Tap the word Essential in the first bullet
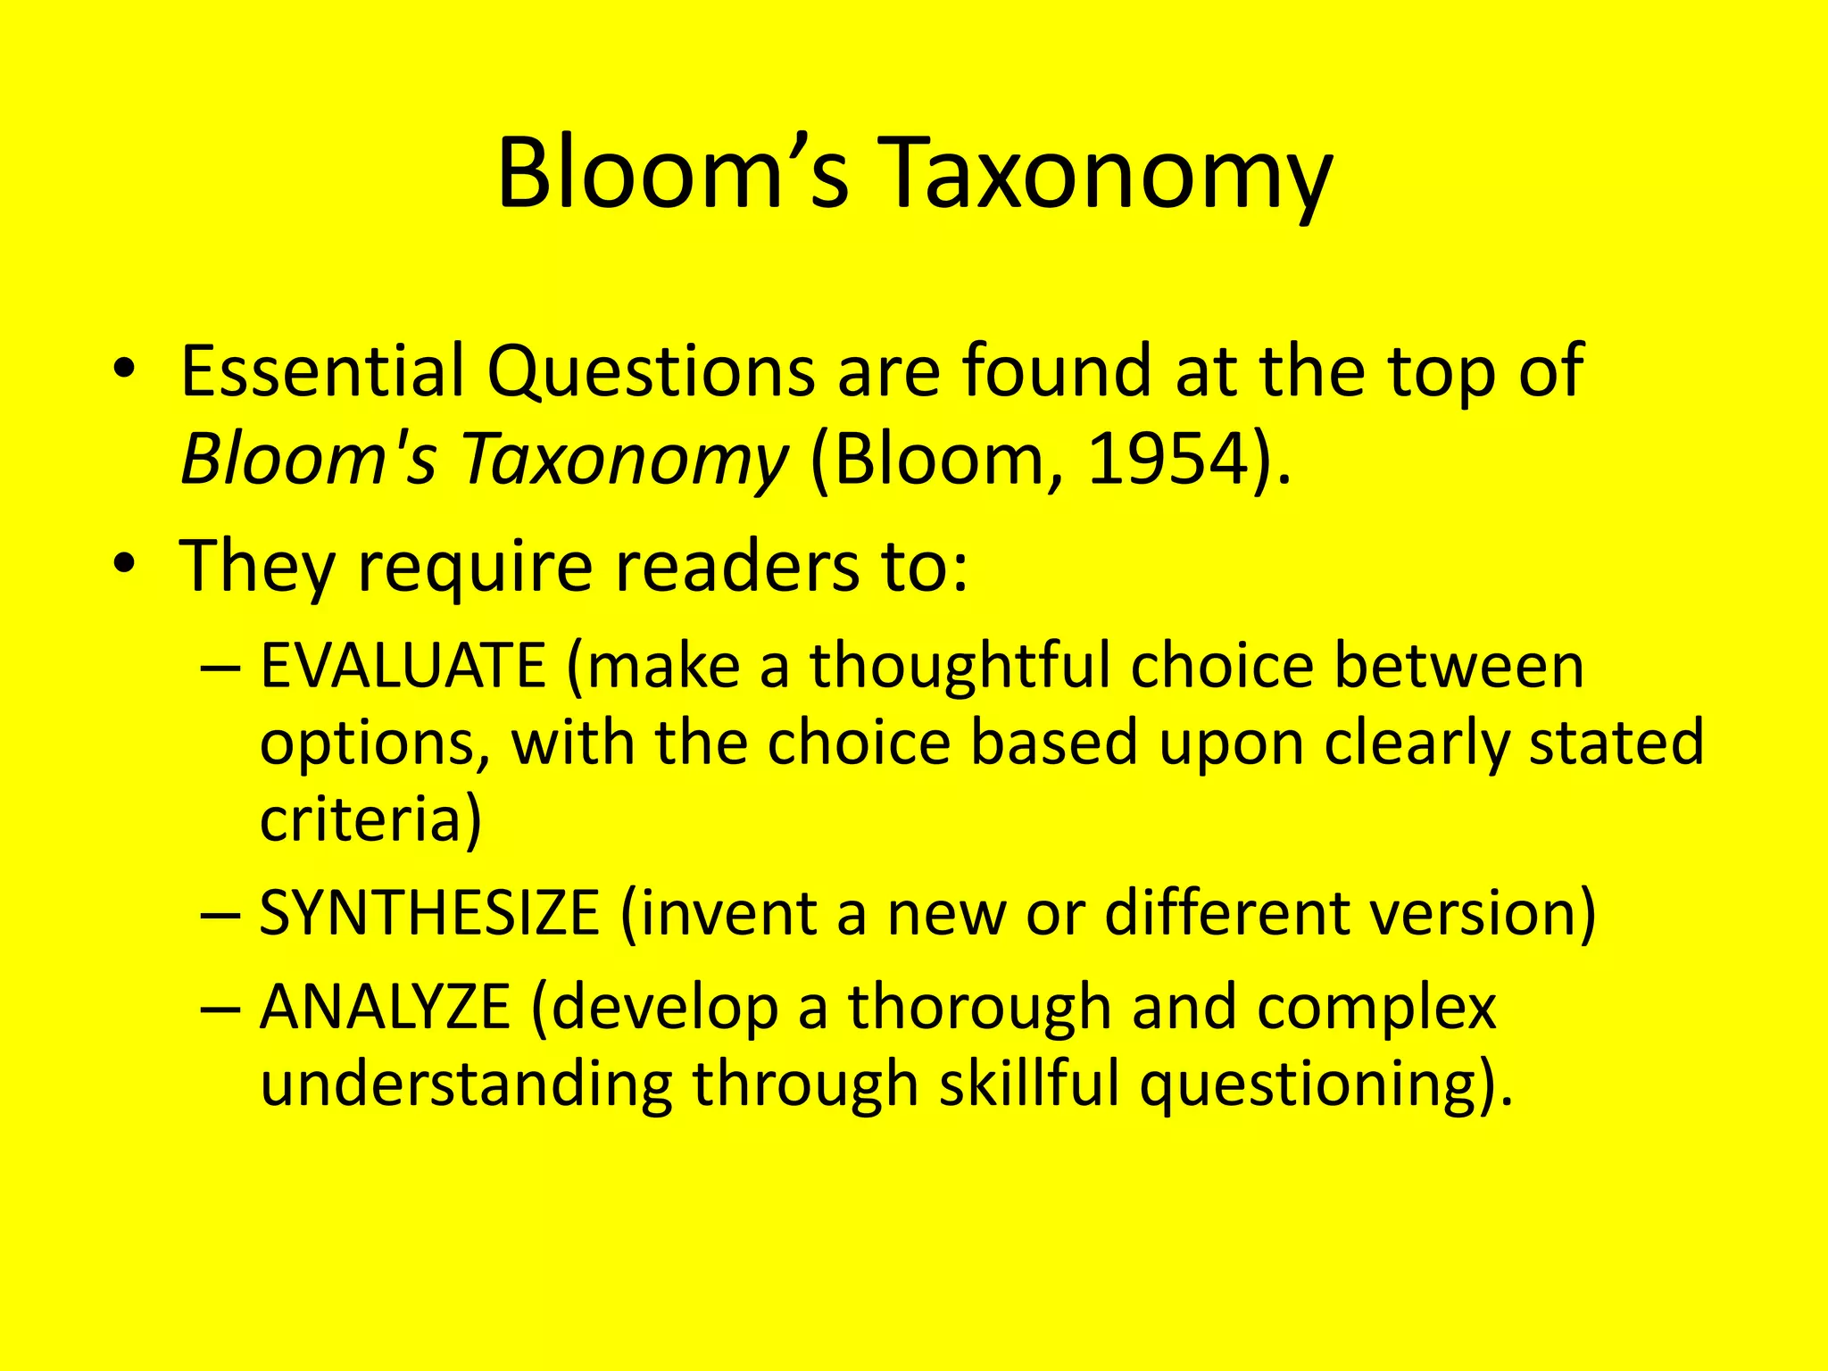pos(322,370)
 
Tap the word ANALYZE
pos(385,1007)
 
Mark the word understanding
pos(465,1085)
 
